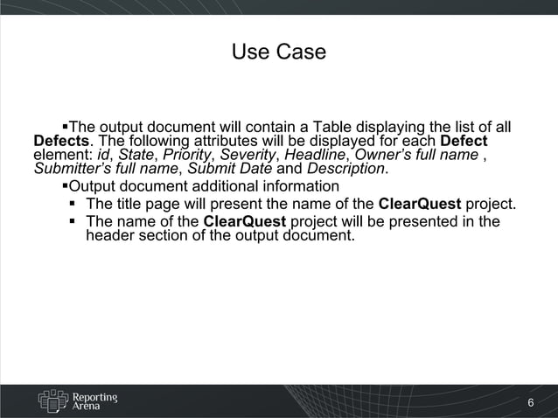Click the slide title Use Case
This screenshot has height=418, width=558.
point(278,52)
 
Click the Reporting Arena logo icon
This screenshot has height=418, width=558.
point(52,401)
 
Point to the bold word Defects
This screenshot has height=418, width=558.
point(61,142)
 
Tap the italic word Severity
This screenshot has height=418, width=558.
point(248,155)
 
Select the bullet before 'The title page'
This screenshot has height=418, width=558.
point(73,205)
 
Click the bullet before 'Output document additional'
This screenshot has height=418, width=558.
point(65,186)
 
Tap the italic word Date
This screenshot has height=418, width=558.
point(255,168)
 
